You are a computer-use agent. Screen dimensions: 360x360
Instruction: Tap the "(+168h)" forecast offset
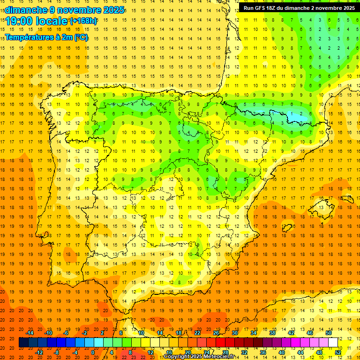83,21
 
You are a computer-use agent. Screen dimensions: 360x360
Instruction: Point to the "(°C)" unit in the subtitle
80,37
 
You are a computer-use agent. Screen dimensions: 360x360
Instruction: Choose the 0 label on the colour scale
93,352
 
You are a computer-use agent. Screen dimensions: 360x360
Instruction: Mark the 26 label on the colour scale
216,333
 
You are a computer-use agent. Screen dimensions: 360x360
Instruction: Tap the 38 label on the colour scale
272,333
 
